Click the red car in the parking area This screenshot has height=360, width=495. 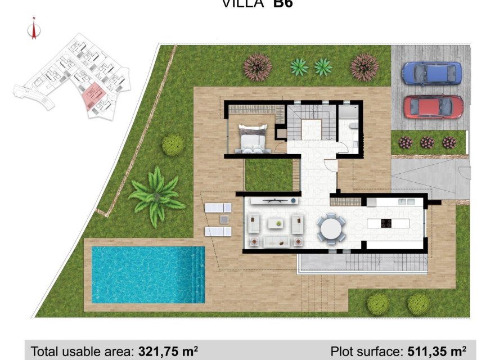pos(433,106)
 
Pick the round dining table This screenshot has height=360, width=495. pos(331,229)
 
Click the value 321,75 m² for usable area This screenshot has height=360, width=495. pos(168,352)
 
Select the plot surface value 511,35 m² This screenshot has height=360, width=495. pos(435,352)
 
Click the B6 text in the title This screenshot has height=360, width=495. pos(283,4)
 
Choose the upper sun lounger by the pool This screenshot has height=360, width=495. pos(218,208)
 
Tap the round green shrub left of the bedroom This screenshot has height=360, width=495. pos(173,145)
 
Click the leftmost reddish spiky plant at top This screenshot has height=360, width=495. pos(258,67)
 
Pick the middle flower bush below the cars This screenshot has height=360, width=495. pos(427,142)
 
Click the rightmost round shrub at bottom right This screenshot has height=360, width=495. pos(418,304)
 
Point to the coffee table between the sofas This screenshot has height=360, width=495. pos(275,224)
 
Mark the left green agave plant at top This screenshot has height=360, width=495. pos(299,67)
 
